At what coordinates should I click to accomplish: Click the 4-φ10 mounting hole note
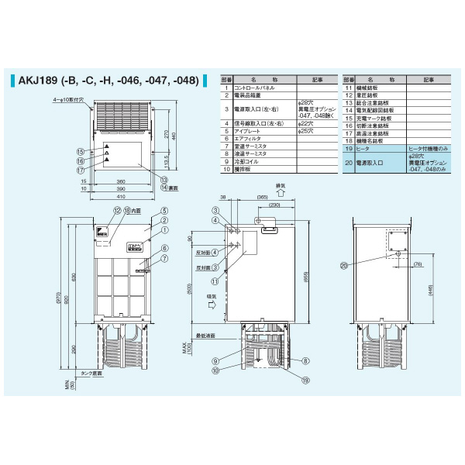coord(67,100)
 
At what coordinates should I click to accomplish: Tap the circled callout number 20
coord(344,264)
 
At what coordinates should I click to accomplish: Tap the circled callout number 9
coord(213,360)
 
